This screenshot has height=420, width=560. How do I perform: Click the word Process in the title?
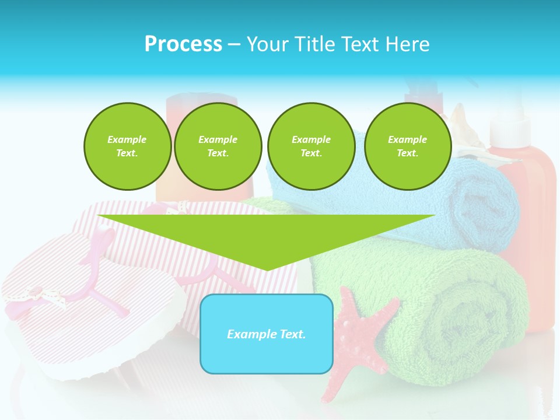click(x=183, y=44)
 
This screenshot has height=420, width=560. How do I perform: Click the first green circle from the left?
click(x=127, y=146)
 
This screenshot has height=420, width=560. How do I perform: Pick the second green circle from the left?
click(x=218, y=146)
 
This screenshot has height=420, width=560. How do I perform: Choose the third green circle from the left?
click(x=311, y=146)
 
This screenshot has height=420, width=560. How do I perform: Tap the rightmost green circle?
click(x=407, y=146)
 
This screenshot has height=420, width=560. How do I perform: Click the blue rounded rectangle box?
click(x=267, y=334)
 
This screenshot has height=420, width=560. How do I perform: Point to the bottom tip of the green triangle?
click(x=267, y=269)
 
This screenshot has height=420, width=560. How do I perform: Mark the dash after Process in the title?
click(x=234, y=44)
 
